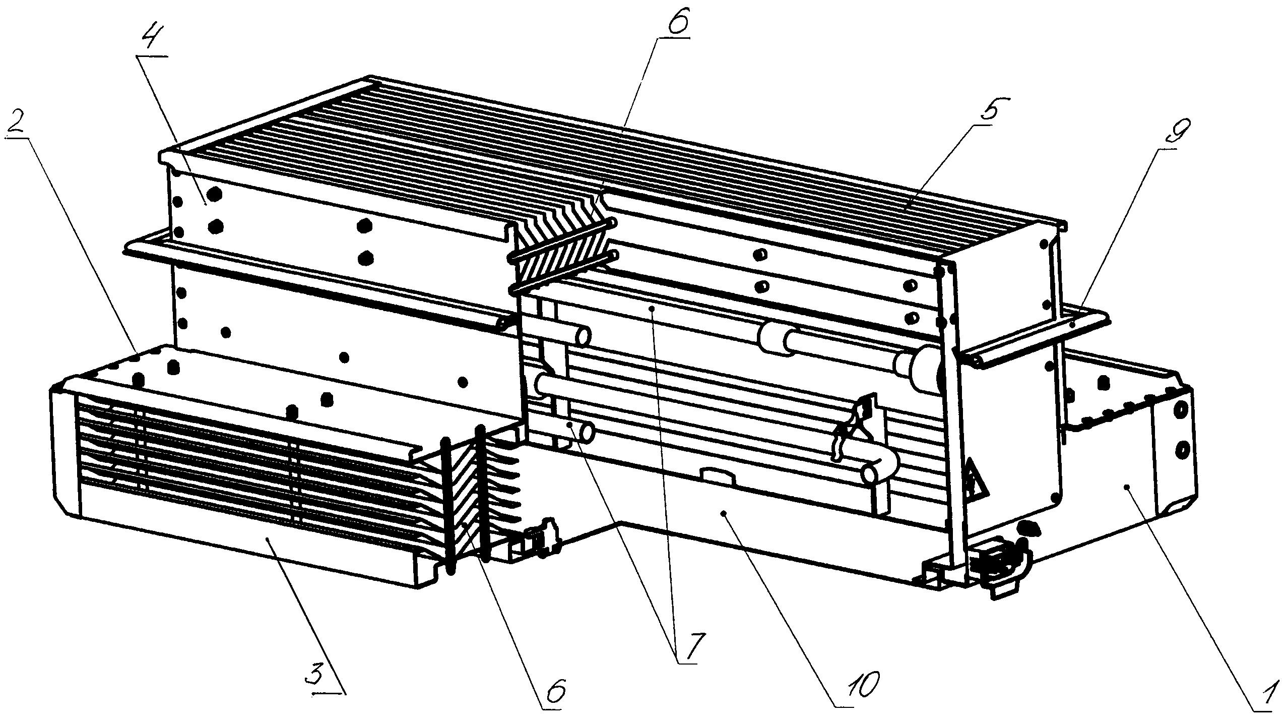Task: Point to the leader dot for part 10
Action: coord(724,513)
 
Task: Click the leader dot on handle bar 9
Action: coord(1072,326)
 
